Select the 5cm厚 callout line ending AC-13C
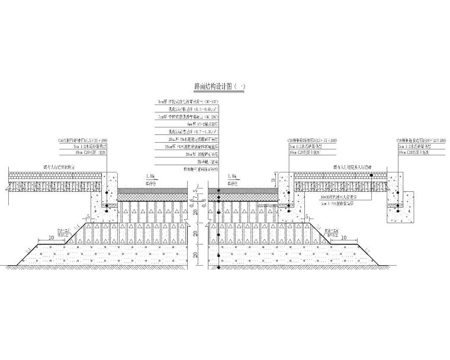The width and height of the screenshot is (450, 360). pyautogui.click(x=186, y=101)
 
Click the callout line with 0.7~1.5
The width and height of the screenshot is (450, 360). pyautogui.click(x=186, y=132)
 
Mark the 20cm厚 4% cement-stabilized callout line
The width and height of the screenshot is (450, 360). pyautogui.click(x=186, y=147)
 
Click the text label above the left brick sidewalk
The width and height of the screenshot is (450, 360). pyautogui.click(x=59, y=167)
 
